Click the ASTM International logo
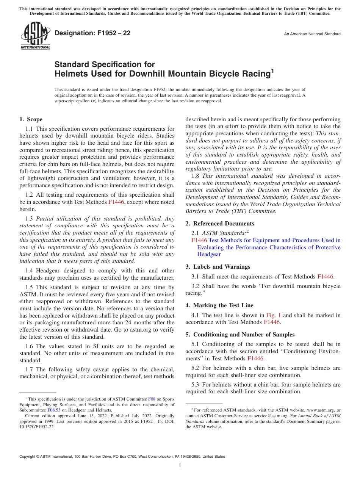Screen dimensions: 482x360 tap(35, 36)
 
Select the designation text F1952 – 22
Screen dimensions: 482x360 tap(92, 33)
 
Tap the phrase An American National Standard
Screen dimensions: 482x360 tap(312, 34)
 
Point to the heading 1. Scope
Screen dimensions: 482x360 tap(31, 119)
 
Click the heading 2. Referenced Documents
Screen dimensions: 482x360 tap(220, 224)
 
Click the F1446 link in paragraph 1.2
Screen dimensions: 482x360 tap(116, 202)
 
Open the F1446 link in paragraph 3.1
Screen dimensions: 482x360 tap(325, 277)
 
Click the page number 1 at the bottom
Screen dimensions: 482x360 tap(180, 465)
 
